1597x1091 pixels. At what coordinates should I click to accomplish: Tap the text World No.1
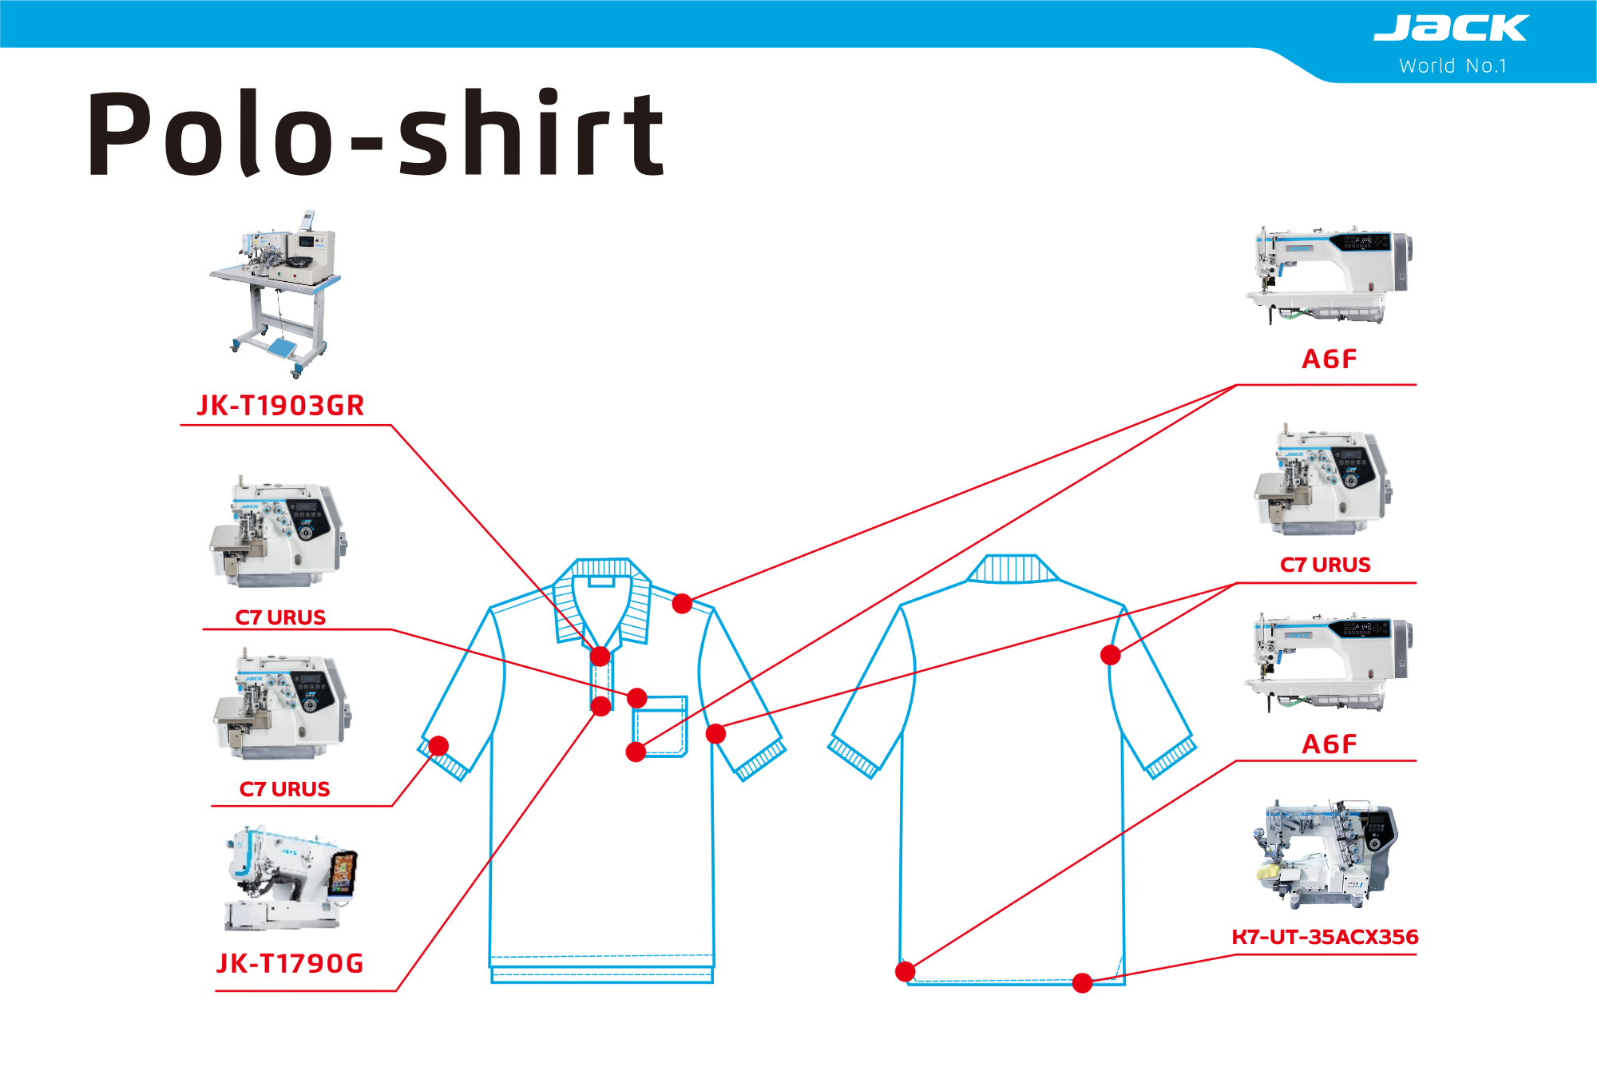[x=1452, y=66]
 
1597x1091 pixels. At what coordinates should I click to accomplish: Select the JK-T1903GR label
[x=280, y=406]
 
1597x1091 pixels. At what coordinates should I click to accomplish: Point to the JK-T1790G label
[x=290, y=963]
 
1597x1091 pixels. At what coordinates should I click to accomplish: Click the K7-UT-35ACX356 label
[x=1325, y=937]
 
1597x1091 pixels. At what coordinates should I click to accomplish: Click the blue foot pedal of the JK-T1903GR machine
[x=283, y=347]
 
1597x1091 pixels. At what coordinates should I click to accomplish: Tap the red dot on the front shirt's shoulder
[x=682, y=603]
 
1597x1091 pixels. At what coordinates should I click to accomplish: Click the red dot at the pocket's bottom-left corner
[x=636, y=752]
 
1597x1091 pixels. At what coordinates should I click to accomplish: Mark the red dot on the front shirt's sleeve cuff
[x=438, y=746]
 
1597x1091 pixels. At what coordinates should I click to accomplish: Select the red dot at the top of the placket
[x=600, y=657]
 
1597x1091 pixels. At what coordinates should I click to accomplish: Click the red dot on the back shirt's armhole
[x=1110, y=655]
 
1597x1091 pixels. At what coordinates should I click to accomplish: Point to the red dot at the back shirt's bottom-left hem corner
[x=905, y=971]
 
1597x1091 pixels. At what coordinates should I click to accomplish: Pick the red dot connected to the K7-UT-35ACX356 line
[x=1082, y=983]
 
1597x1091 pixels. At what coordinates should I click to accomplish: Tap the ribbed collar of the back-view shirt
[x=1012, y=569]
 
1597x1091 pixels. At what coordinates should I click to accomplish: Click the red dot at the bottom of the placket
[x=601, y=706]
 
